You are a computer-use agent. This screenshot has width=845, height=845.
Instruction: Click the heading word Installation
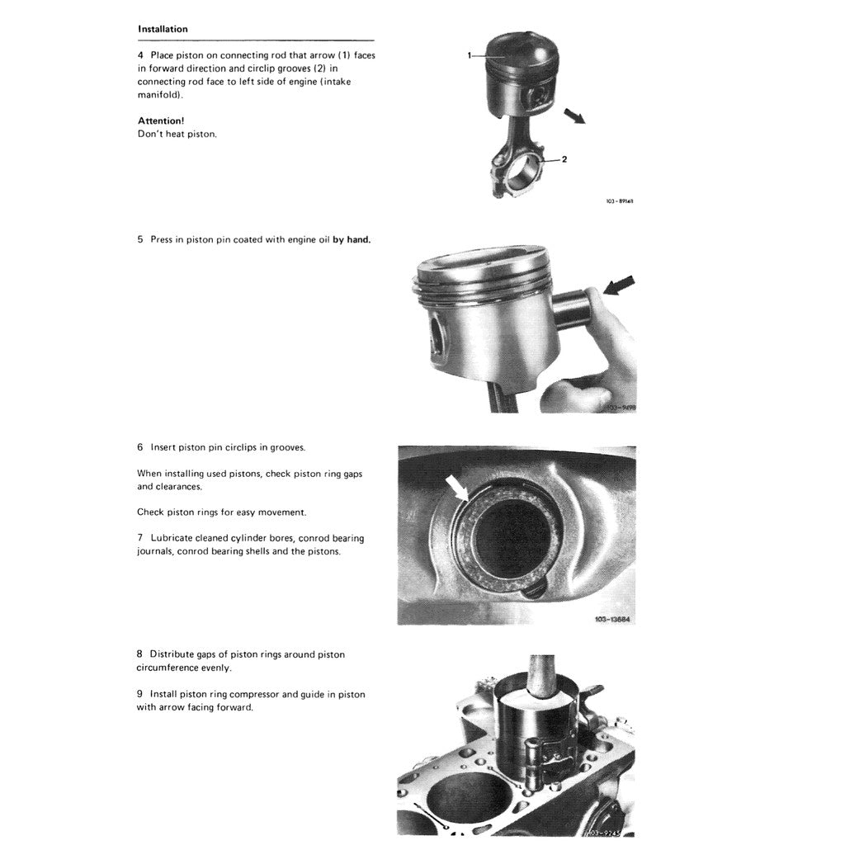[x=163, y=29]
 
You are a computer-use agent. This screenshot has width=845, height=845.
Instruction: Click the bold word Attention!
[x=161, y=120]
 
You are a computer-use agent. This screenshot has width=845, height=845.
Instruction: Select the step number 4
[x=140, y=55]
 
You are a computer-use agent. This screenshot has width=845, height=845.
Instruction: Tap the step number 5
[x=140, y=240]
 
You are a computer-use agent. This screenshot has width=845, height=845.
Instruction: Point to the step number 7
[x=140, y=538]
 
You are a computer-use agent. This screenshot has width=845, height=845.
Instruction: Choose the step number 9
[x=140, y=695]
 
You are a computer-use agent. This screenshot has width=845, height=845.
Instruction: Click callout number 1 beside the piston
[x=470, y=55]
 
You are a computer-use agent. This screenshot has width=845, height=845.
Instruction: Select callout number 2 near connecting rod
[x=564, y=158]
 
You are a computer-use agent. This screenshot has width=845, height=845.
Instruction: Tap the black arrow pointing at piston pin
[x=620, y=286]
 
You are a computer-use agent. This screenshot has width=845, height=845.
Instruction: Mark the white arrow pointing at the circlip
[x=457, y=489]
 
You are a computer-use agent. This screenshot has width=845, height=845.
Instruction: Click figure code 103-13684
[x=614, y=619]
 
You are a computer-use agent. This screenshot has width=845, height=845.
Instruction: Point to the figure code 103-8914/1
[x=619, y=201]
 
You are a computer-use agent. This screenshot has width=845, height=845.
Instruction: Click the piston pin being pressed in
[x=573, y=307]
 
